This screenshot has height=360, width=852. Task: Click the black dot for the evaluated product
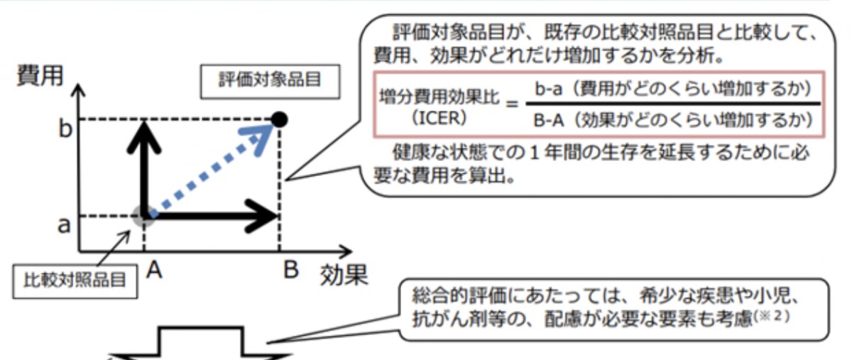[x=280, y=119]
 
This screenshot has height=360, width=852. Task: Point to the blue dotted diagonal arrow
[x=213, y=167]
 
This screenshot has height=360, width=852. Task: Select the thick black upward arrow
[x=144, y=163]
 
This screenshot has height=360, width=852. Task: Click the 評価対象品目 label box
[x=269, y=79]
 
